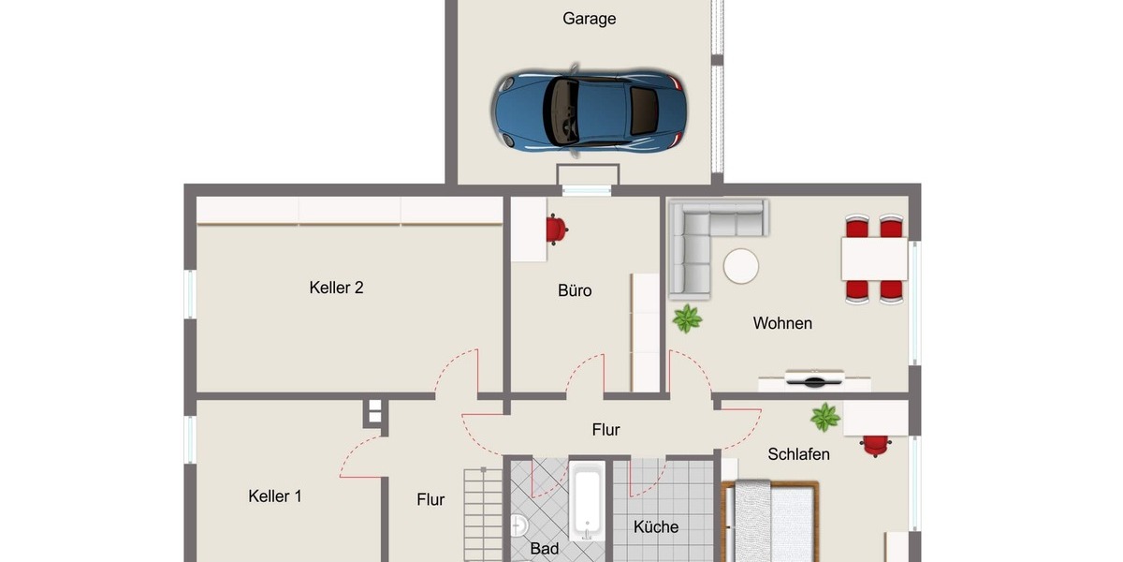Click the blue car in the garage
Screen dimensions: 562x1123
[590, 110]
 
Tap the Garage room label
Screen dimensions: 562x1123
[589, 19]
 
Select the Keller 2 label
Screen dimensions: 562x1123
[336, 288]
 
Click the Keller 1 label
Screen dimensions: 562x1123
[275, 496]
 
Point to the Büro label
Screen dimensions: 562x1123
[575, 290]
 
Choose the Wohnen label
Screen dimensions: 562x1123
[782, 323]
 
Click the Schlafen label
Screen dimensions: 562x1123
[798, 454]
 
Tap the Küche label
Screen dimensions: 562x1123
[656, 526]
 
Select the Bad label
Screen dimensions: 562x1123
[544, 549]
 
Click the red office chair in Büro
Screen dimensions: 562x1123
[556, 229]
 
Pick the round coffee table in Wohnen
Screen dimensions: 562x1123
[741, 266]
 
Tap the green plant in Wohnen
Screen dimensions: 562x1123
[687, 318]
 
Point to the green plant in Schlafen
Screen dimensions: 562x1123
[824, 417]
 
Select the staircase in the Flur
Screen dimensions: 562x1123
[482, 515]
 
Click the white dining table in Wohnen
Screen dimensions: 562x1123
[874, 259]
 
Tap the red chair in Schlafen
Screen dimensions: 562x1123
[876, 444]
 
